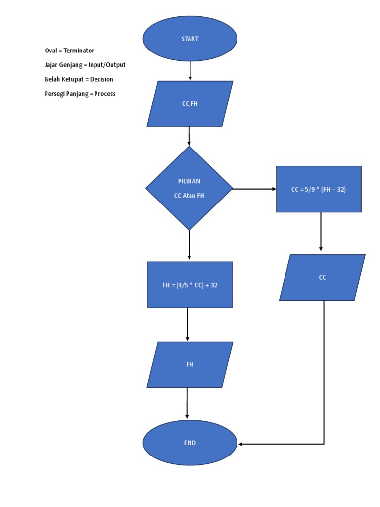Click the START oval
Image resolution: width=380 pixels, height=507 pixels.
click(190, 39)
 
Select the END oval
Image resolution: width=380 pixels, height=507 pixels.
click(190, 443)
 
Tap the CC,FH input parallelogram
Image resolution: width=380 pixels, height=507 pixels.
click(190, 104)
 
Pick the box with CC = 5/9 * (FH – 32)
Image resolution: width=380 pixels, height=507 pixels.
click(319, 189)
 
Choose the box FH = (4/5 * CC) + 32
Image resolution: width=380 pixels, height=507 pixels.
click(190, 285)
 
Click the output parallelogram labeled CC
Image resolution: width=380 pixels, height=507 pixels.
click(322, 277)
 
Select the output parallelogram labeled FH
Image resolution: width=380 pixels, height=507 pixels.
click(190, 364)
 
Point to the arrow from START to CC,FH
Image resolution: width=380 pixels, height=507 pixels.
click(190, 71)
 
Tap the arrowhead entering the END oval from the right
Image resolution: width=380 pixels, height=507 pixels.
click(241, 444)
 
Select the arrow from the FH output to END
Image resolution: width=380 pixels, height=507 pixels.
click(187, 404)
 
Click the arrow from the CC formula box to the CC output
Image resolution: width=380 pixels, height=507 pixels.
click(321, 232)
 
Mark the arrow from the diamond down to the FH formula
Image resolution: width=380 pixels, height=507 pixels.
click(189, 246)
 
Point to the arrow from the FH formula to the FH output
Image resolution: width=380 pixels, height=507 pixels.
click(187, 324)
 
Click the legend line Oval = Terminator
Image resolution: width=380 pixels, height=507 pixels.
click(69, 51)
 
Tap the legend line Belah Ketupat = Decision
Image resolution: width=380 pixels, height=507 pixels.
click(79, 79)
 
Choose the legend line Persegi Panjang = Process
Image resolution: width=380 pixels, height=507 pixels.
click(80, 94)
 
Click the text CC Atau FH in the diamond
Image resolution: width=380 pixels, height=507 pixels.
click(189, 196)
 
